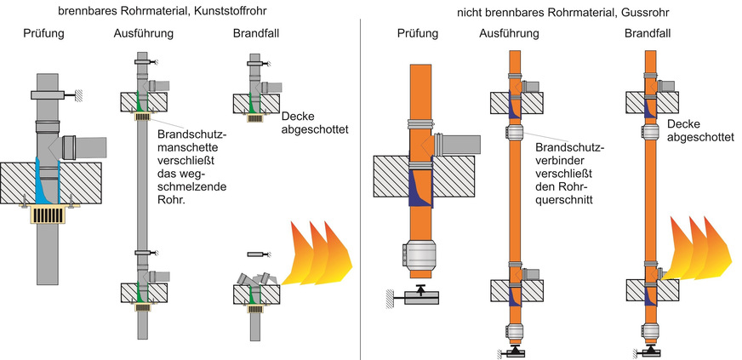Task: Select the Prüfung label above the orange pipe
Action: (417, 34)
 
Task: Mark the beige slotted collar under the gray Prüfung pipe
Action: (47, 213)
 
